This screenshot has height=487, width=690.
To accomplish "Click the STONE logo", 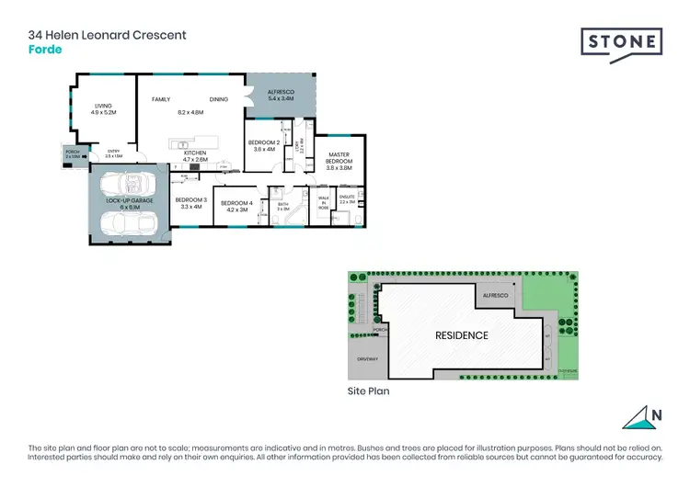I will click(x=621, y=43).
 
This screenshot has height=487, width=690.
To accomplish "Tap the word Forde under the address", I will click(x=45, y=50).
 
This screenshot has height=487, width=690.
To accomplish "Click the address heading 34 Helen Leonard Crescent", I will click(x=108, y=35).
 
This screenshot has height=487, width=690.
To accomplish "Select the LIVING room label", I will click(x=102, y=106).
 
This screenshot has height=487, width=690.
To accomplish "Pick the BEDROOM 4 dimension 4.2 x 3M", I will click(x=236, y=210).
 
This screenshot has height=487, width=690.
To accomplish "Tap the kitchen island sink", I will click(x=183, y=145).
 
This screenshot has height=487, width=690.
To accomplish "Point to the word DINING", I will click(x=218, y=98).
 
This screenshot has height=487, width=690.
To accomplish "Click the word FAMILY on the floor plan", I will click(x=161, y=98).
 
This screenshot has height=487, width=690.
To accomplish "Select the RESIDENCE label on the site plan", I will click(x=461, y=335).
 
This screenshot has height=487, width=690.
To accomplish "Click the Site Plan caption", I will click(x=369, y=391).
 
